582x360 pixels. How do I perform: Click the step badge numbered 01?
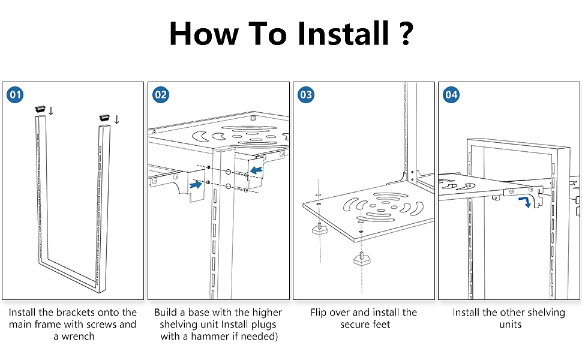[16, 95]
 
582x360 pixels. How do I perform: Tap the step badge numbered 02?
[161, 95]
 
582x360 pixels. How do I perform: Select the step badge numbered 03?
[306, 95]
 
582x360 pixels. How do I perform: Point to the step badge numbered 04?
[451, 95]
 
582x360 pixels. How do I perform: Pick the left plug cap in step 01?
[41, 109]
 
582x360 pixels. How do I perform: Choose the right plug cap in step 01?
[103, 117]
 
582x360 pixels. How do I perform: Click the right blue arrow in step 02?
[257, 172]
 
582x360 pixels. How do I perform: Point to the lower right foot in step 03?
[362, 259]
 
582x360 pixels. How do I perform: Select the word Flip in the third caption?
[320, 313]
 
